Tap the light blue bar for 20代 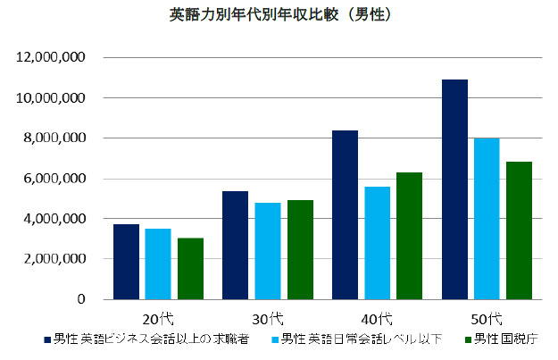pos(158,264)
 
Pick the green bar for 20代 pos(190,269)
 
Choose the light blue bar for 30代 pos(267,251)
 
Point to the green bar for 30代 pos(300,250)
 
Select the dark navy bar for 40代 pos(345,215)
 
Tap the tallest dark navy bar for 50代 pos(454,189)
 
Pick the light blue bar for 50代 pos(487,219)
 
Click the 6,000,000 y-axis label pos(54,179)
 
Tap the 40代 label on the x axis pos(377,318)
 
